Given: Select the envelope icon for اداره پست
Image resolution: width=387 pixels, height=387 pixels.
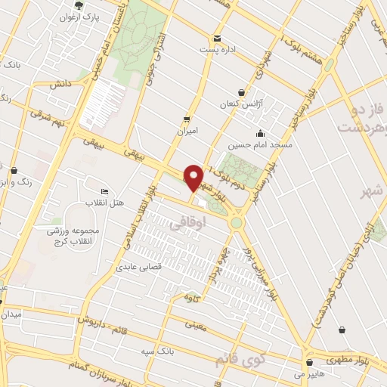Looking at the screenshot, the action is coord(218,39).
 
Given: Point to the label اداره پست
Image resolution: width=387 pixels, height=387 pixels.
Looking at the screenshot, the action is coord(218,50).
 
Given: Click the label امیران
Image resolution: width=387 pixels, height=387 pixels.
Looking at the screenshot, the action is coord(186,131).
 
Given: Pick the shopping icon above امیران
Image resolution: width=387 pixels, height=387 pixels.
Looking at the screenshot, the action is coord(186,119).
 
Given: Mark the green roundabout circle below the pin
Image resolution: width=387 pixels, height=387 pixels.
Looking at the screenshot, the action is coord(237,222).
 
